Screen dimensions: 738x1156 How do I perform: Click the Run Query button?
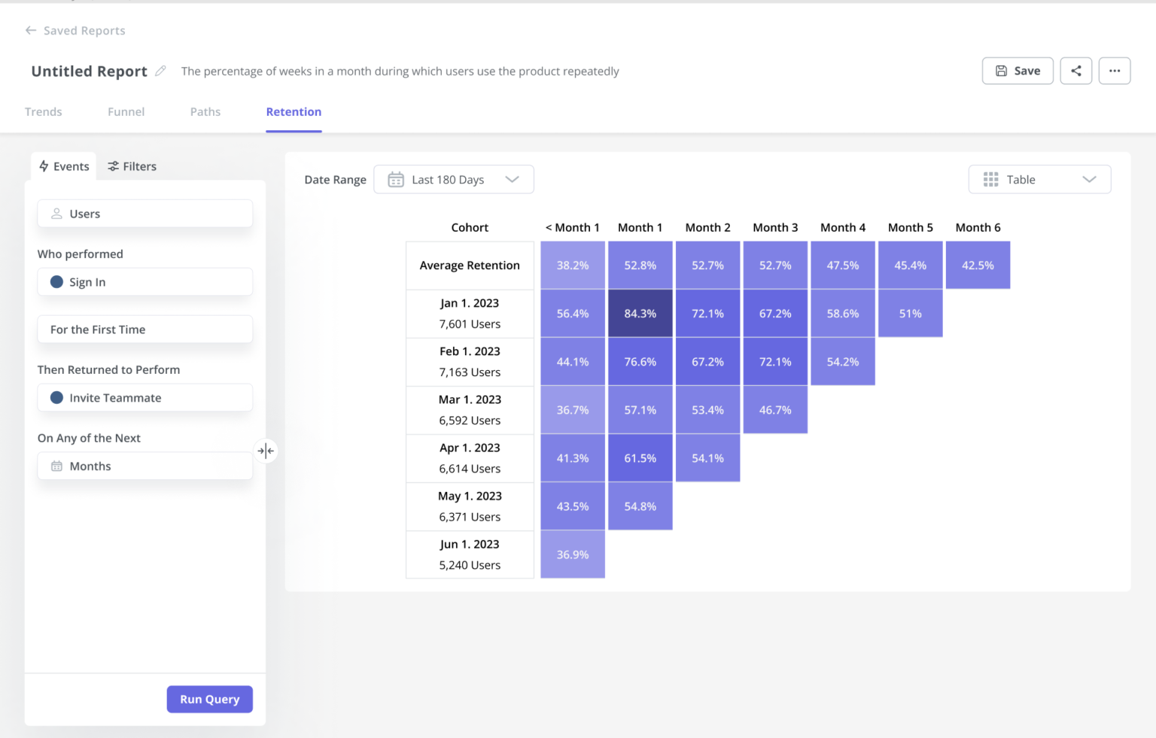(209, 699)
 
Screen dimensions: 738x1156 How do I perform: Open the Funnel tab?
(126, 111)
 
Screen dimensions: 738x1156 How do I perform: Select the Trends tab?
(43, 111)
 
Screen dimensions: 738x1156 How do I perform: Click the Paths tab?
(205, 111)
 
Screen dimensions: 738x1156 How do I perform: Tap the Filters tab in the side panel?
(132, 166)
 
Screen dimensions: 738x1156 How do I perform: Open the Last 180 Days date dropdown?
(454, 180)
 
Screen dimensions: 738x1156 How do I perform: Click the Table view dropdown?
(1039, 180)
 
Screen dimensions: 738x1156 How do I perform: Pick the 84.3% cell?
(640, 314)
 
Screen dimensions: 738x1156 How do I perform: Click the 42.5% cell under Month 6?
(977, 266)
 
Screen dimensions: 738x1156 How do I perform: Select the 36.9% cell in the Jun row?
(572, 554)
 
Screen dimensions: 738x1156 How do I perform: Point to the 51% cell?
(910, 314)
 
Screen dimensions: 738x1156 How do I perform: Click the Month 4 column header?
(842, 227)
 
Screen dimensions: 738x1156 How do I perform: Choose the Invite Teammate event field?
(144, 398)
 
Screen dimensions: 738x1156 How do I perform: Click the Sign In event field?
(144, 282)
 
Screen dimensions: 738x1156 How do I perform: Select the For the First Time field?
(144, 330)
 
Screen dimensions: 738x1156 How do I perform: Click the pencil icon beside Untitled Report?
(160, 71)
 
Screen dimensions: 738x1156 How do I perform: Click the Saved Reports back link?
(75, 31)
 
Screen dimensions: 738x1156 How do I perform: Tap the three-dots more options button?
(1114, 71)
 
